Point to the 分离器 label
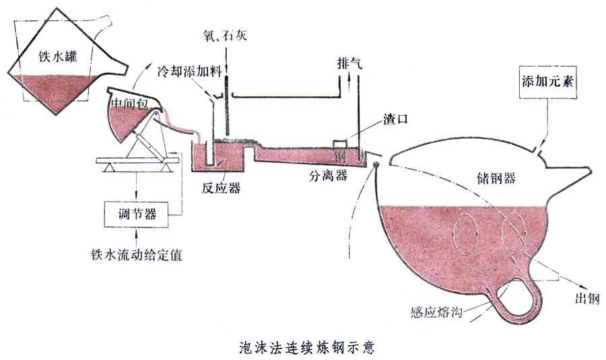pos(329,176)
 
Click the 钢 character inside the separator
pos(341,155)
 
